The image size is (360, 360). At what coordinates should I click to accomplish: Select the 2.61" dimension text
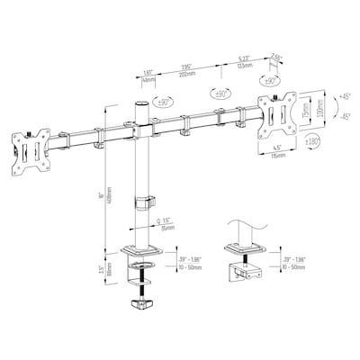click(277, 55)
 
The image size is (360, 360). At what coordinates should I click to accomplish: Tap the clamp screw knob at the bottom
click(142, 305)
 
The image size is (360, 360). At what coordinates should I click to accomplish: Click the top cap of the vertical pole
click(139, 106)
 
